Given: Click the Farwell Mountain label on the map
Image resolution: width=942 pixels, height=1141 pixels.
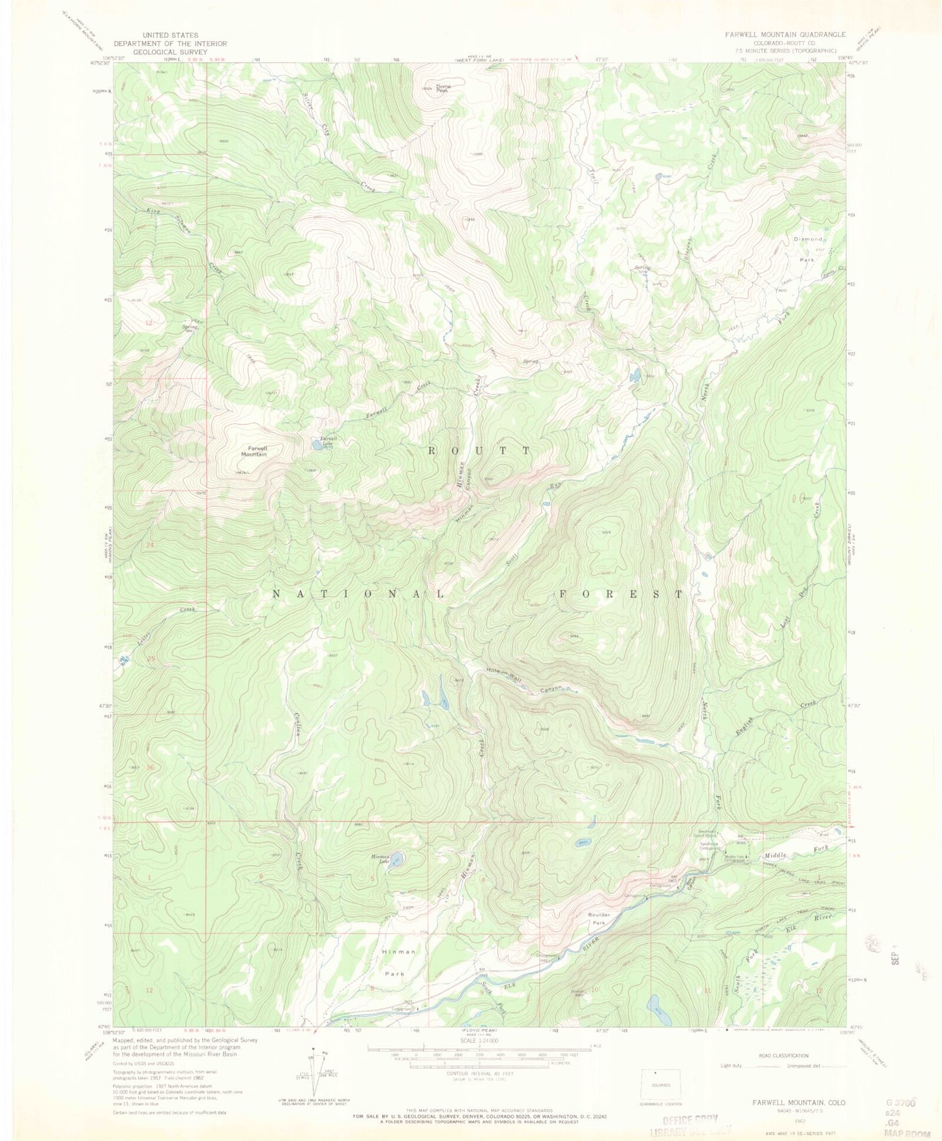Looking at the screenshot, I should (x=254, y=451).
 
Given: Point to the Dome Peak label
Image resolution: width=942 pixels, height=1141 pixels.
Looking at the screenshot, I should (x=443, y=87).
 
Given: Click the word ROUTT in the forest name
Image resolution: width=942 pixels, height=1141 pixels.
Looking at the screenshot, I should (x=478, y=451).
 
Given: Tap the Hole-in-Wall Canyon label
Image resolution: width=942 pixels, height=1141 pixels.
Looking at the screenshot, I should (x=523, y=677).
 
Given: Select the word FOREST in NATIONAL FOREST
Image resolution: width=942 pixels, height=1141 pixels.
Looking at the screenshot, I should (x=621, y=594).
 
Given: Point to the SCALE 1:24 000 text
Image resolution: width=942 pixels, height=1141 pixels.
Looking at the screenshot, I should (x=478, y=1041).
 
